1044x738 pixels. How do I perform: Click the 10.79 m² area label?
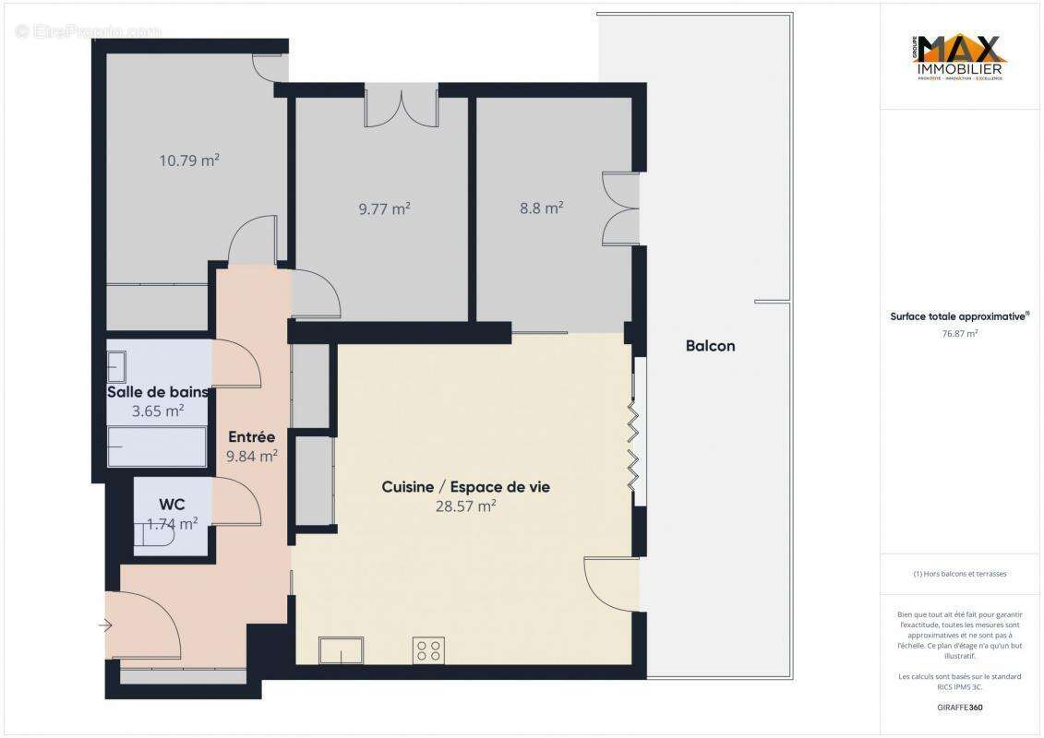189,161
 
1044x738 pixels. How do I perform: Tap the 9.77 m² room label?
384,208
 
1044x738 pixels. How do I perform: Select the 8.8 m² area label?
542,208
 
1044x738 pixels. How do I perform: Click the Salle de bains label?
158,392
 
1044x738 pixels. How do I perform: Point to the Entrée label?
252,437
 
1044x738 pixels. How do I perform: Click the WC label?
172,505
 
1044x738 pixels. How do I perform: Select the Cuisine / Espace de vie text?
465,486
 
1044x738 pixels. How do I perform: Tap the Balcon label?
710,346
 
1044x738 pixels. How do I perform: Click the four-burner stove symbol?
429,649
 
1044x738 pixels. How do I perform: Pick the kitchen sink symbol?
341,649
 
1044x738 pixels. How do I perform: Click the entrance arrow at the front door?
105,626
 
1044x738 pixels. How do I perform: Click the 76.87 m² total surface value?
960,334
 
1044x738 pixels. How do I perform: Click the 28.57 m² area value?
465,506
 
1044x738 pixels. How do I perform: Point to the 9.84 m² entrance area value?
252,456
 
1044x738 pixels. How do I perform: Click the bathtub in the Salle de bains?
157,446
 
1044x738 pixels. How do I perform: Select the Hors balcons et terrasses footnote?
960,574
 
